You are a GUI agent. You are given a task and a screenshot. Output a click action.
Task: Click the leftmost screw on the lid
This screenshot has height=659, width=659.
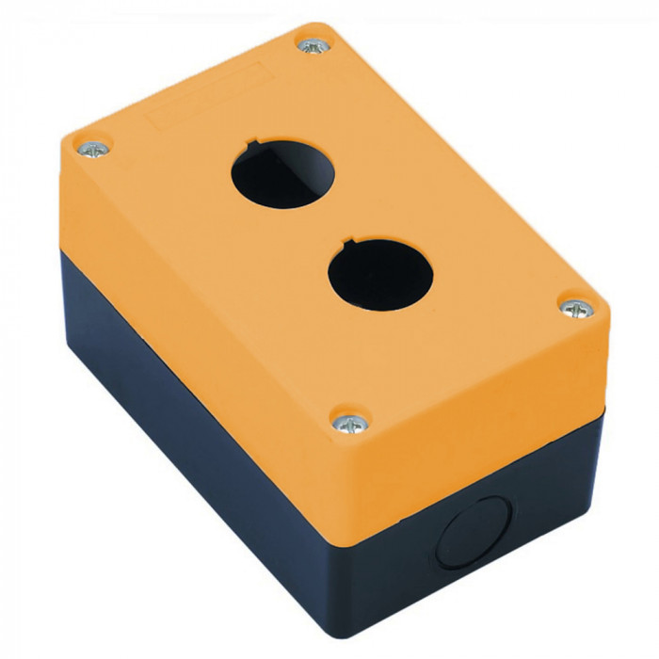click(x=93, y=148)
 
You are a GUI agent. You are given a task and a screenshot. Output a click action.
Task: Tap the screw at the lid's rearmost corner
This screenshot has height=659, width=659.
click(x=312, y=44)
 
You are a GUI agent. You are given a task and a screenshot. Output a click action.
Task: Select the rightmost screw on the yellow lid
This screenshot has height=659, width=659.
click(x=576, y=306)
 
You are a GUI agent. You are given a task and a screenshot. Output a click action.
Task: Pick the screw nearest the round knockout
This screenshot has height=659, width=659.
click(x=349, y=423)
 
